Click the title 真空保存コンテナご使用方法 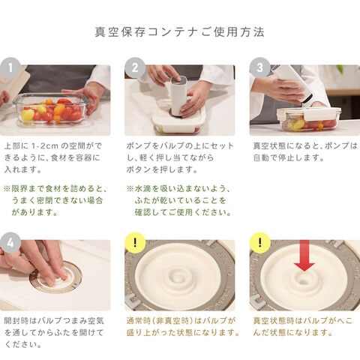point(179,32)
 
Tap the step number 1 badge point(10,67)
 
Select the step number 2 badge point(135,67)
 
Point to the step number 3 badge point(260,67)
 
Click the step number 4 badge point(10,242)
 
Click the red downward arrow point(304,255)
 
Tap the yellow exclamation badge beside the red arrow point(260,242)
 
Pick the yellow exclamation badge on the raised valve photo point(135,242)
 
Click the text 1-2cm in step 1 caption point(45,145)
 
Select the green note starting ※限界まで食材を point(55,200)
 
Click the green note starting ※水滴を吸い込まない point(179,200)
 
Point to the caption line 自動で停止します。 point(289,157)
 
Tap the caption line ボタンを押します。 point(162,169)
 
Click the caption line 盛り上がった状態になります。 point(183,333)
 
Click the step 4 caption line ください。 point(23,345)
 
